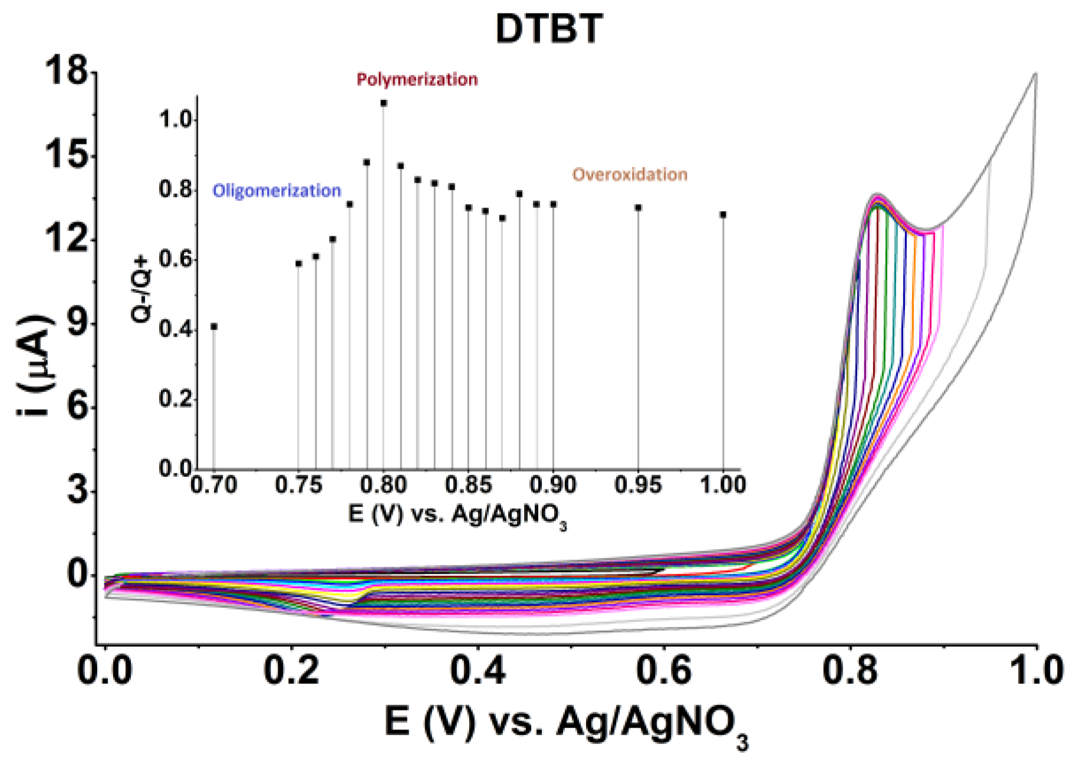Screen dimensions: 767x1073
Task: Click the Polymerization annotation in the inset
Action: tap(417, 80)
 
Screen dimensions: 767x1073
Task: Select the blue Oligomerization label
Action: tap(277, 191)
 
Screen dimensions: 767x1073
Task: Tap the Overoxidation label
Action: tap(630, 175)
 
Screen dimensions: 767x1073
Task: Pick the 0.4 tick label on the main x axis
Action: tap(478, 671)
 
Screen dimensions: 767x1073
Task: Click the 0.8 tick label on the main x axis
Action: tap(850, 671)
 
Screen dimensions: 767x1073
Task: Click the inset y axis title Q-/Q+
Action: tap(141, 289)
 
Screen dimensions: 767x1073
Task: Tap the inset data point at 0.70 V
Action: tap(214, 326)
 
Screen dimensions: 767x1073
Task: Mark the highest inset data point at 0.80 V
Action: tap(384, 103)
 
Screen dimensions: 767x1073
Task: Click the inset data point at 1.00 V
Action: tap(723, 215)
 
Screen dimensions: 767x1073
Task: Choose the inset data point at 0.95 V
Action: tap(638, 208)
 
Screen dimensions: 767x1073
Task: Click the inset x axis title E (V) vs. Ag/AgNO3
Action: tap(457, 515)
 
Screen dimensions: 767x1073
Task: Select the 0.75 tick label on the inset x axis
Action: tap(299, 485)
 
